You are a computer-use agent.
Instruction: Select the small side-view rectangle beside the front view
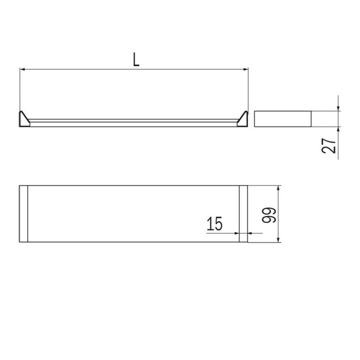tap(283, 119)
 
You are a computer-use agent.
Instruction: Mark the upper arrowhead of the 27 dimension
tap(338, 107)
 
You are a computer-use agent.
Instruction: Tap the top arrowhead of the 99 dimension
tap(277, 188)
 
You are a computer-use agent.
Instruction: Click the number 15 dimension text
tap(215, 225)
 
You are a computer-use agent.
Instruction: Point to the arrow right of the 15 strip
tap(251, 233)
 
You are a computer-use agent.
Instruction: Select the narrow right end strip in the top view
tap(243, 214)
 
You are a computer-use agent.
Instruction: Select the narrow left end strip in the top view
tap(23, 214)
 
